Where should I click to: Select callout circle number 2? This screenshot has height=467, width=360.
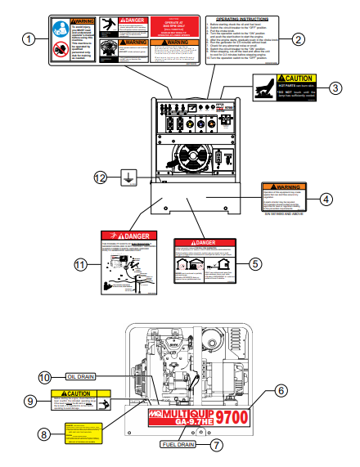[298, 38]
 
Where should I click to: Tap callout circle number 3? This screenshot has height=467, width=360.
[335, 88]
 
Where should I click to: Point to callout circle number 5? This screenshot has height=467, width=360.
[255, 263]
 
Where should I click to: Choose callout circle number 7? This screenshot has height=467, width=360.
[217, 446]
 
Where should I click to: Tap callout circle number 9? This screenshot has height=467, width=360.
[29, 401]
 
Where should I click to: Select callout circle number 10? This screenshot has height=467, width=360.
[47, 376]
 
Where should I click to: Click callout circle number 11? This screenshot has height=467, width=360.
[80, 263]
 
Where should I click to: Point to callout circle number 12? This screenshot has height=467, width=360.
[100, 177]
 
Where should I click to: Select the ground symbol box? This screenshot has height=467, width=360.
[128, 177]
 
